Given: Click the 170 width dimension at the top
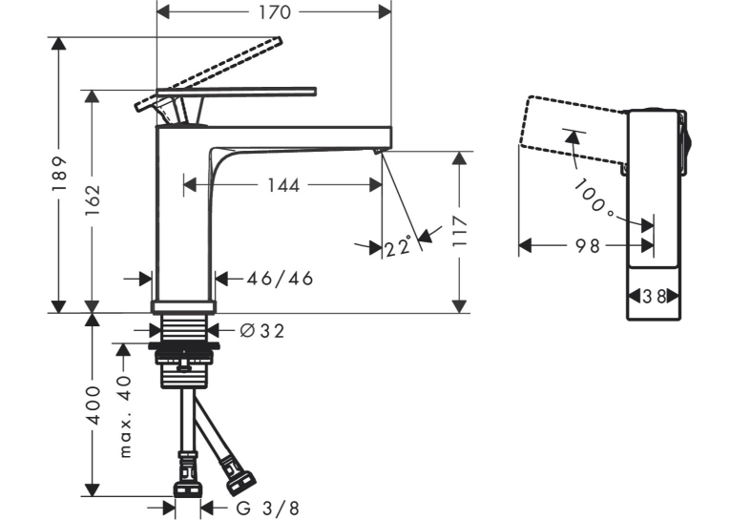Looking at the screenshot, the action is pyautogui.click(x=275, y=12).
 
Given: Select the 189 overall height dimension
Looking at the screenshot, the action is pyautogui.click(x=59, y=174).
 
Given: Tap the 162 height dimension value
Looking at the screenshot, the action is pyautogui.click(x=93, y=199).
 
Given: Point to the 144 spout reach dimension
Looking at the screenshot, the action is pyautogui.click(x=283, y=185).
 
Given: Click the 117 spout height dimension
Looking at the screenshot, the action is pyautogui.click(x=460, y=231).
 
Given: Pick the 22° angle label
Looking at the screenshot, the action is pyautogui.click(x=399, y=246).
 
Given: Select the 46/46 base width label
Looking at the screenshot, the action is pyautogui.click(x=281, y=279).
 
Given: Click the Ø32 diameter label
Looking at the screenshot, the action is pyautogui.click(x=262, y=331).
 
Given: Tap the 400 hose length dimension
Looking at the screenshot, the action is pyautogui.click(x=94, y=405).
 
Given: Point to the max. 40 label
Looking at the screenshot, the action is pyautogui.click(x=124, y=417).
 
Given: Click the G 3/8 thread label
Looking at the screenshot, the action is pyautogui.click(x=268, y=508).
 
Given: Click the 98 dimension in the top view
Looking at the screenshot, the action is pyautogui.click(x=588, y=245).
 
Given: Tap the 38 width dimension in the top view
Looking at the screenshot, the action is pyautogui.click(x=654, y=296).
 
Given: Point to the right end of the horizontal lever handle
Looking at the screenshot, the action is pyautogui.click(x=316, y=92).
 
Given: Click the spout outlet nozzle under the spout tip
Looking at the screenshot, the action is pyautogui.click(x=378, y=151).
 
